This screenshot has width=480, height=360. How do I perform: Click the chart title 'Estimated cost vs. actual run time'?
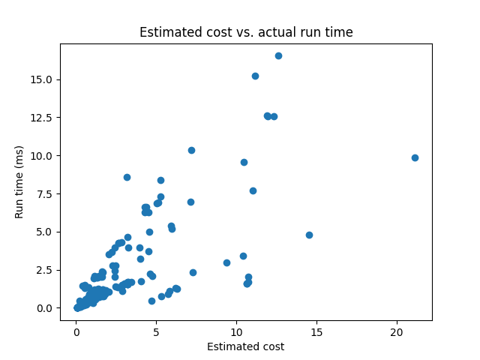[x=246, y=32]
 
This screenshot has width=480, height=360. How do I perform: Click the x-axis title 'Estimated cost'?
[x=246, y=346]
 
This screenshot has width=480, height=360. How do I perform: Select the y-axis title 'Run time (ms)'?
[x=19, y=181]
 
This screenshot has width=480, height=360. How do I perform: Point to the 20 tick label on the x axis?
[x=397, y=331]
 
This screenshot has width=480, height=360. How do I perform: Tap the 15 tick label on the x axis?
[x=316, y=331]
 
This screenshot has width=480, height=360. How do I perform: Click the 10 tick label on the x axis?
[x=236, y=331]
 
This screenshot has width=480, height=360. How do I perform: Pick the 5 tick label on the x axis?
[x=156, y=331]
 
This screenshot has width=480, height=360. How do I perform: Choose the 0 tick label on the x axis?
[x=76, y=331]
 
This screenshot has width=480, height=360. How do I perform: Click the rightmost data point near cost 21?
[x=415, y=157]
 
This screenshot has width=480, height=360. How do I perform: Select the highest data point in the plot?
[x=278, y=55]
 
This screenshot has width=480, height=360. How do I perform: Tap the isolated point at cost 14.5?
[x=309, y=235]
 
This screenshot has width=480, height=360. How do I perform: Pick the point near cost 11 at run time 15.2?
[x=255, y=76]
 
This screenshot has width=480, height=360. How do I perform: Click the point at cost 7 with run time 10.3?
[x=191, y=150]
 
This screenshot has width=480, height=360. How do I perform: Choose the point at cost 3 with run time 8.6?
[x=127, y=177]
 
